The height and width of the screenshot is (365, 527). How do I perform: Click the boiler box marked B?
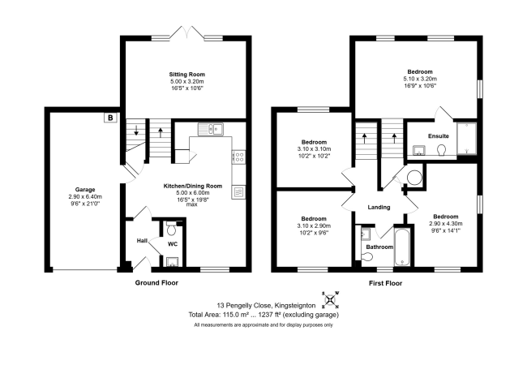[110, 118]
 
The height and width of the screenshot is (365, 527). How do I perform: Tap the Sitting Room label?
[186, 75]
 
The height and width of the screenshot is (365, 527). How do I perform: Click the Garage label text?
[85, 190]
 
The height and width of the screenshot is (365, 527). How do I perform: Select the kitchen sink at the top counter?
[211, 129]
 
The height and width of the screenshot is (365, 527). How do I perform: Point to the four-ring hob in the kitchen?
[239, 157]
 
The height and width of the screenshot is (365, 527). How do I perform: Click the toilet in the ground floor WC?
[171, 229]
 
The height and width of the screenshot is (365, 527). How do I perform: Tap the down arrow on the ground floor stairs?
[136, 130]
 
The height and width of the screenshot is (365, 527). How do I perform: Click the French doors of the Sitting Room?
[186, 32]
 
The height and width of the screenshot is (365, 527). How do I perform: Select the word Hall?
[142, 241]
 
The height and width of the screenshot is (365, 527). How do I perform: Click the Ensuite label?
[439, 136]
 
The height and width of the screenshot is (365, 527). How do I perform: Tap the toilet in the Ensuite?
[442, 150]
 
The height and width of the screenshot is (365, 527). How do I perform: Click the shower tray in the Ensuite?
[466, 139]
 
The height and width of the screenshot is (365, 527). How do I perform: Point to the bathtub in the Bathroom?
[401, 247]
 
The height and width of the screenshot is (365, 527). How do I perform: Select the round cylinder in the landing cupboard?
[414, 177]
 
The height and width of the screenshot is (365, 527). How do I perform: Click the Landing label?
[379, 208]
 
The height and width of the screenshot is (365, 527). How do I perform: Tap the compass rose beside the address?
[331, 299]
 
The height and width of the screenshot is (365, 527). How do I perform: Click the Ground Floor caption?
[156, 282]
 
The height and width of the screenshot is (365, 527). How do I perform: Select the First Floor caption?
[385, 283]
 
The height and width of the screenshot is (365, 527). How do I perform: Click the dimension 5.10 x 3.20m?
[420, 79]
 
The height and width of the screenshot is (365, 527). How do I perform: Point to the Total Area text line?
[263, 315]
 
